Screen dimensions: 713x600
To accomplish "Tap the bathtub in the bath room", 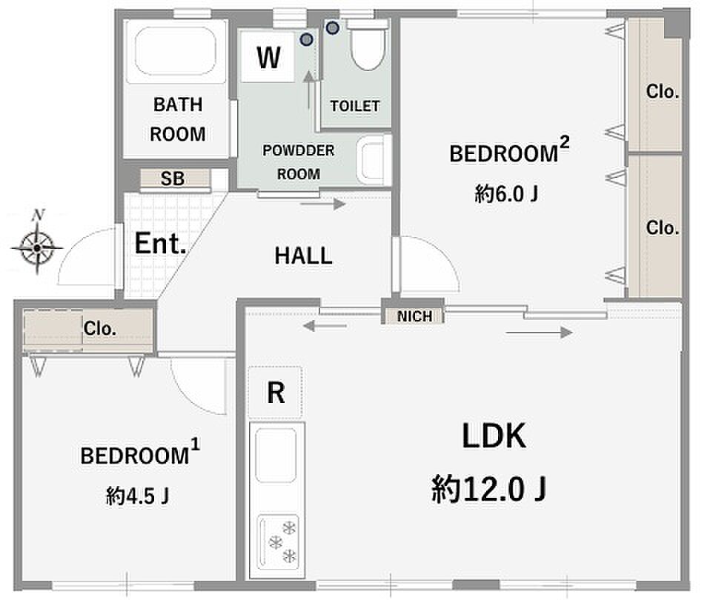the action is point(176,52).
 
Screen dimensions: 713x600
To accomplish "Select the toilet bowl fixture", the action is point(368,45).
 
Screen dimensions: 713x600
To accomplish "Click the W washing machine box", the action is point(268,57).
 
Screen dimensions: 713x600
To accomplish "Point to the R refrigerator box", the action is point(276,392).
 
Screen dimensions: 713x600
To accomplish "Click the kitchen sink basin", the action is point(276,455).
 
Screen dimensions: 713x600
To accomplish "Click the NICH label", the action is point(415,316).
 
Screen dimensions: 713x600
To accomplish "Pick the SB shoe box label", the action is point(173,179).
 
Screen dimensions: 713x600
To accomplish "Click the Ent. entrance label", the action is point(161,243).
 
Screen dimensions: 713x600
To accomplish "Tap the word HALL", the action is point(303,256).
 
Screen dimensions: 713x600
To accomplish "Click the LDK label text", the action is point(494,436).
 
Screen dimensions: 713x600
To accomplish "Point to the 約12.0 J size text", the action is point(489,489).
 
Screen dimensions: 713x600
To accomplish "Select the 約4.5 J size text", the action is point(137,496).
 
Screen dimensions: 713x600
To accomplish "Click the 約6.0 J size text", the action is point(506,193).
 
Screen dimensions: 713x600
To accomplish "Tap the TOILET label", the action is point(355,106).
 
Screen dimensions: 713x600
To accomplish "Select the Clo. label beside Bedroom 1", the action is point(99,328).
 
